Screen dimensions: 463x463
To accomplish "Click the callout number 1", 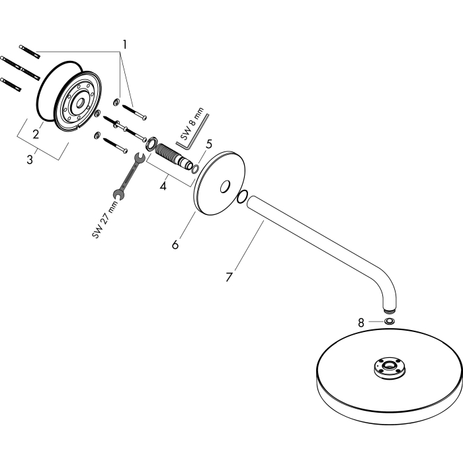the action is pyautogui.click(x=124, y=44).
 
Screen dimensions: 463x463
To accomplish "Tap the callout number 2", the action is pyautogui.click(x=36, y=134).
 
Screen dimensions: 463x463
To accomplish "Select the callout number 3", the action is pyautogui.click(x=30, y=160).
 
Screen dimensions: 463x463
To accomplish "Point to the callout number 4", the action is pyautogui.click(x=163, y=186).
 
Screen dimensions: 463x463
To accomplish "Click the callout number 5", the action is pyautogui.click(x=209, y=144).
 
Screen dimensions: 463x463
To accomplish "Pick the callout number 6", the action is pyautogui.click(x=175, y=245).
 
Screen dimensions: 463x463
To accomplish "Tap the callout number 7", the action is pyautogui.click(x=229, y=277).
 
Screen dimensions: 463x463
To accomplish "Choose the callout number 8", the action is pyautogui.click(x=361, y=323).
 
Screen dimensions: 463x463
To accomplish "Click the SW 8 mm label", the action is pyautogui.click(x=192, y=124).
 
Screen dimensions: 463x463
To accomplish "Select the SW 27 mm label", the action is pyautogui.click(x=105, y=219).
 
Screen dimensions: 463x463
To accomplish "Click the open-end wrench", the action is pyautogui.click(x=129, y=175).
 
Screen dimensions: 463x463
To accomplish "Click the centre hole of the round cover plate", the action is pyautogui.click(x=225, y=187).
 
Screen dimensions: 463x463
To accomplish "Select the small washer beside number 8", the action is pyautogui.click(x=390, y=321).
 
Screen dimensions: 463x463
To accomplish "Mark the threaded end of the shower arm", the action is pyautogui.click(x=390, y=311).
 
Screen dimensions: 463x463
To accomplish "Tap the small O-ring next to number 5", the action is pyautogui.click(x=195, y=169).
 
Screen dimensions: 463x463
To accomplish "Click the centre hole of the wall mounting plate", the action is pyautogui.click(x=80, y=104).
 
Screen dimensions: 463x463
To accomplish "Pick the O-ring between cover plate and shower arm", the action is pyautogui.click(x=242, y=197).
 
